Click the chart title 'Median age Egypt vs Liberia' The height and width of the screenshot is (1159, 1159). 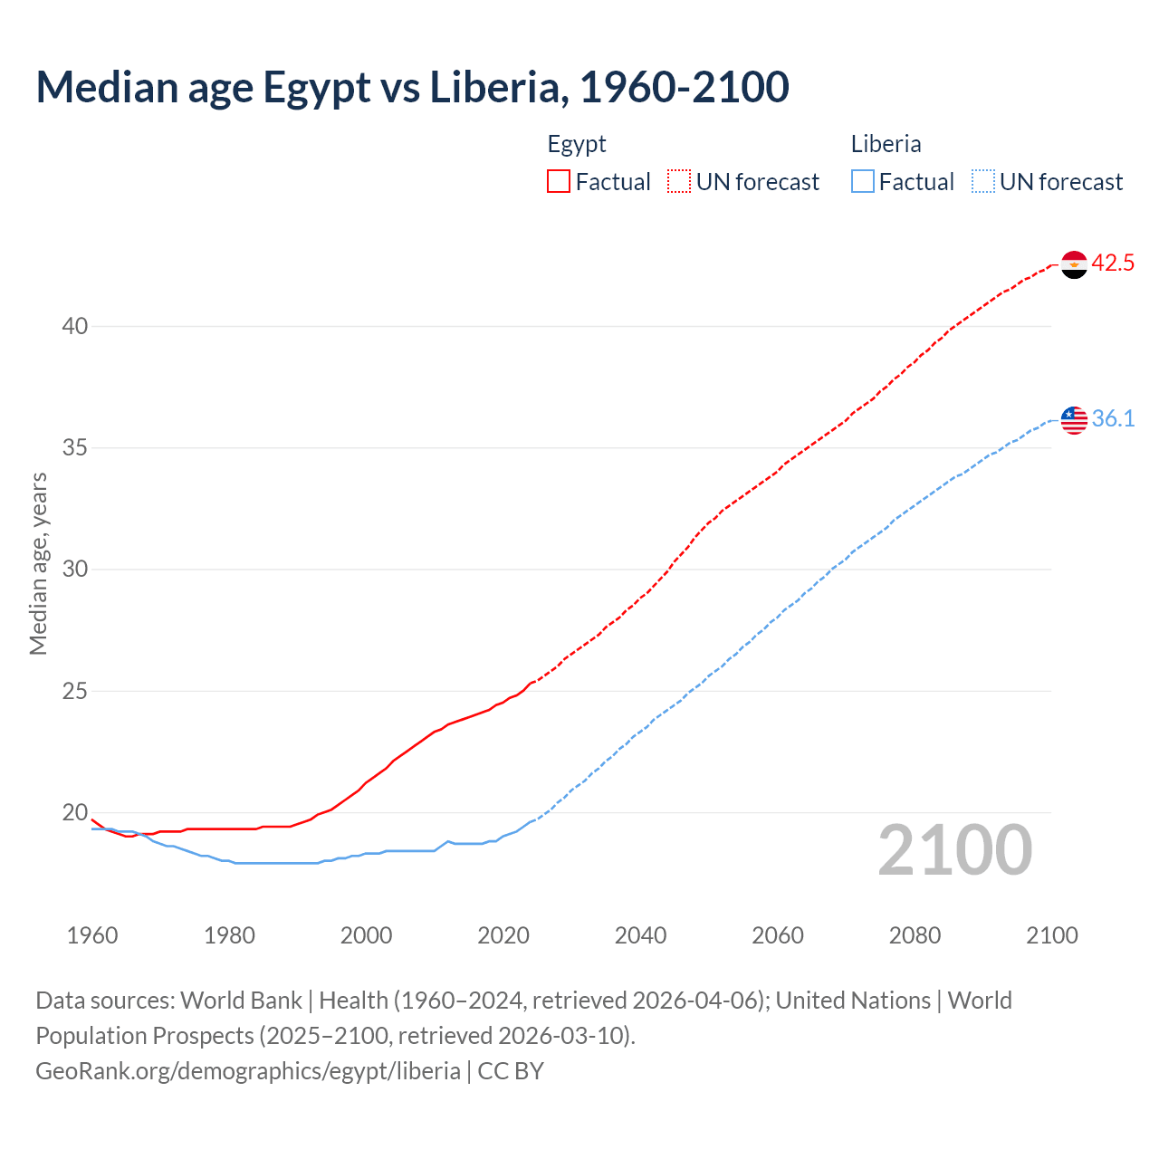coord(412,87)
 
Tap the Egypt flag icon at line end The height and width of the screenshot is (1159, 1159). coord(1074,264)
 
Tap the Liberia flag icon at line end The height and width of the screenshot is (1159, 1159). coord(1074,420)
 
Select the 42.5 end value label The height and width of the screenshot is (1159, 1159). coord(1113,263)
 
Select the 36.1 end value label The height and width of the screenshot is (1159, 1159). coord(1113,419)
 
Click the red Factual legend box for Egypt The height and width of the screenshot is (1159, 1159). coord(559,182)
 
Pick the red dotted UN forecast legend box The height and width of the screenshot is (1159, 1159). coord(679,182)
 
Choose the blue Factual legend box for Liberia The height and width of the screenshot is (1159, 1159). coord(863,182)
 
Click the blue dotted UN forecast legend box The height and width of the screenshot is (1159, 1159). coord(983,182)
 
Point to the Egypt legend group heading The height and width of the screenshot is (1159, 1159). coord(577,144)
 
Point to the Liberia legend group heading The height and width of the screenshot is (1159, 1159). coord(886,144)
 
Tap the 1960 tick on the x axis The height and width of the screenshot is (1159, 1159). coord(92,935)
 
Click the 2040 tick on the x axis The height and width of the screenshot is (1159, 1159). coord(640,935)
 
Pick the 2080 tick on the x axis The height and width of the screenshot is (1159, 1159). coord(915,935)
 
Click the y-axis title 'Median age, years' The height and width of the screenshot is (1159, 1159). coord(38,563)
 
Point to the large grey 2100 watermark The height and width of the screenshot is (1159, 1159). coord(954,850)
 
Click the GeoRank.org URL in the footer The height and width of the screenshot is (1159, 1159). coord(247,1071)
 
